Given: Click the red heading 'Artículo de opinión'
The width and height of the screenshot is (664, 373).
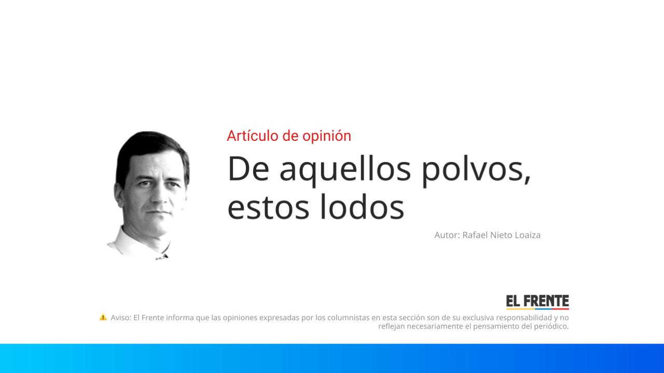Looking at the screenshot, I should click(x=288, y=136).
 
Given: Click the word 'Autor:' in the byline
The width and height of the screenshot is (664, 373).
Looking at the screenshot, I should click(x=447, y=235).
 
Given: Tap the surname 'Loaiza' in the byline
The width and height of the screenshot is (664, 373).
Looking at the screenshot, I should click(x=527, y=235).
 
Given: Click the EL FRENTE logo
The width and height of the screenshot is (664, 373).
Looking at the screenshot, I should click(x=537, y=302).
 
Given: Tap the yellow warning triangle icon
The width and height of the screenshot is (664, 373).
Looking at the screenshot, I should click(x=103, y=317).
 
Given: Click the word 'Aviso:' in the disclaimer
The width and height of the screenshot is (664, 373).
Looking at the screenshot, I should click(x=120, y=318).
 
